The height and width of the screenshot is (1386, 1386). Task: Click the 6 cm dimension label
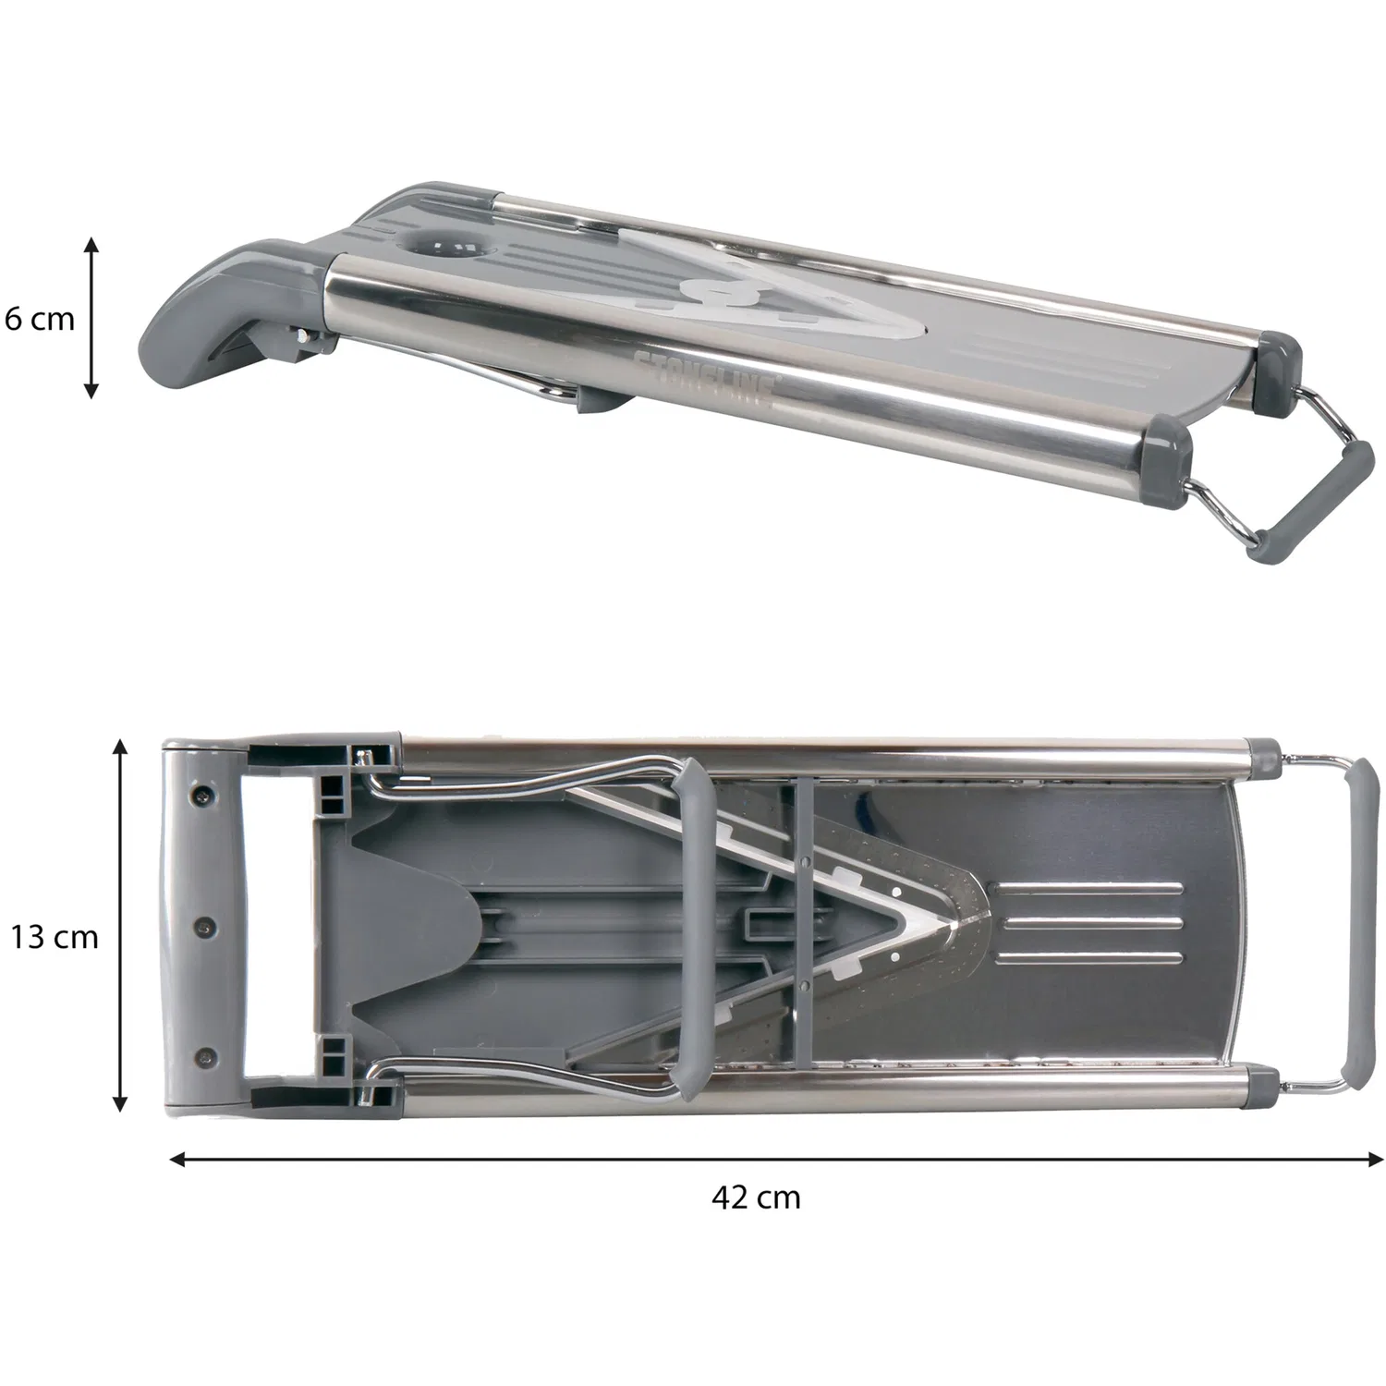click(x=40, y=320)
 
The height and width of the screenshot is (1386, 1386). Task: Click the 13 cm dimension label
click(x=55, y=937)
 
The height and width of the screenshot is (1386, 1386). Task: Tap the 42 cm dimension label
click(x=756, y=1198)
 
